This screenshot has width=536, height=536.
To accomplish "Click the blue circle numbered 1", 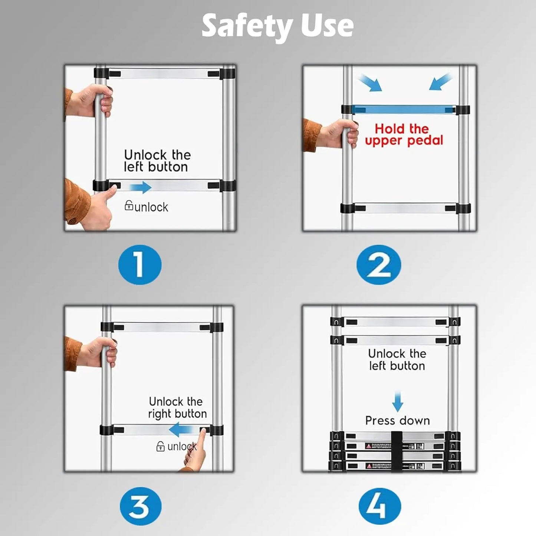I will tap(139, 265).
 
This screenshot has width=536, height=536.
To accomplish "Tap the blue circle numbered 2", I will tap(379, 265).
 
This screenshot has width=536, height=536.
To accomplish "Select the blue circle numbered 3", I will tap(140, 506).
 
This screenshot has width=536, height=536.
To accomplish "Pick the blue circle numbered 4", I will tap(379, 506).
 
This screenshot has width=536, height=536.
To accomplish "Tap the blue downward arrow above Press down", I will tap(398, 402).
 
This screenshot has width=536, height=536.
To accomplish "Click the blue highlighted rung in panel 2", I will tap(403, 109).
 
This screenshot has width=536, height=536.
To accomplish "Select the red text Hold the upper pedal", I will tap(404, 135).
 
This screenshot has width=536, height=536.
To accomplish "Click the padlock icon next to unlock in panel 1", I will tap(129, 205).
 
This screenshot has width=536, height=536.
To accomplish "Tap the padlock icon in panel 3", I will tap(160, 446).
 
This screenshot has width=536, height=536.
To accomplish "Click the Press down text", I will tap(397, 421).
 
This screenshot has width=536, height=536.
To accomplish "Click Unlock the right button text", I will tap(177, 408).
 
